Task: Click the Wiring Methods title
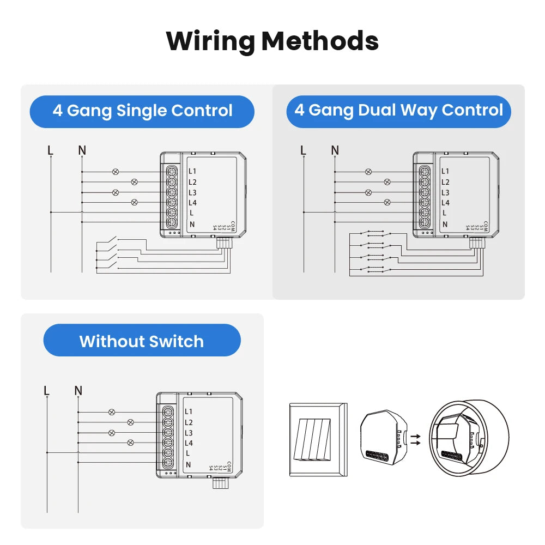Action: click(x=272, y=41)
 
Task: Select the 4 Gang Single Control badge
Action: click(x=142, y=111)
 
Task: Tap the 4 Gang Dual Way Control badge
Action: click(x=398, y=111)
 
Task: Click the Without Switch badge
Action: click(x=142, y=342)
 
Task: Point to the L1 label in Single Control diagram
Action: click(x=192, y=172)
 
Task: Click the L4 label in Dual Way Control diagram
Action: click(x=445, y=203)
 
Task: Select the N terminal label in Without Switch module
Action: click(x=189, y=464)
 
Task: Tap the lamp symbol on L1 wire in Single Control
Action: click(x=115, y=172)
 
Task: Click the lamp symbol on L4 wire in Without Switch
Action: click(x=130, y=443)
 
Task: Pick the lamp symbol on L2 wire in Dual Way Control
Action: click(x=387, y=182)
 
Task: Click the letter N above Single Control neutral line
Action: click(x=82, y=150)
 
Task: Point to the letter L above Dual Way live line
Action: click(x=303, y=150)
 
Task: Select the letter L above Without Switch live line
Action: click(x=47, y=390)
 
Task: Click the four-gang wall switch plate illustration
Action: click(x=318, y=439)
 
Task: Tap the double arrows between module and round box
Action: click(x=416, y=439)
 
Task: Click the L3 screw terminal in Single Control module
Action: click(x=171, y=192)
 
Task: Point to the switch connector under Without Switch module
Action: click(x=219, y=483)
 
